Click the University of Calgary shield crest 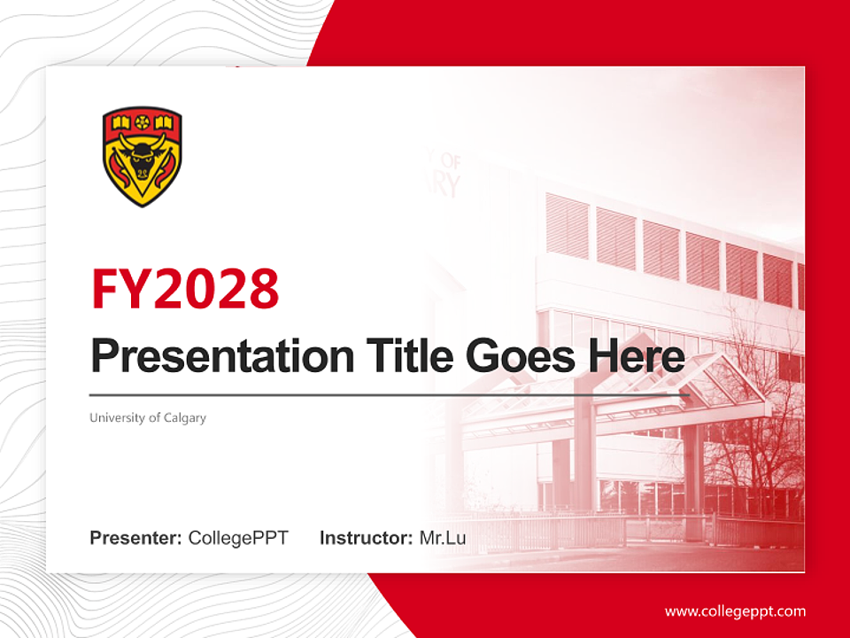click(143, 157)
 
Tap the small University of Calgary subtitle click(147, 417)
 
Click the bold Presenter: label click(136, 538)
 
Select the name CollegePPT click(238, 538)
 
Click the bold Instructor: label click(366, 538)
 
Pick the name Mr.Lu click(443, 538)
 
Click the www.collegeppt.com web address click(735, 611)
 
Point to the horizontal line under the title click(390, 394)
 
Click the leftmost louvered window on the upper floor click(567, 226)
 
